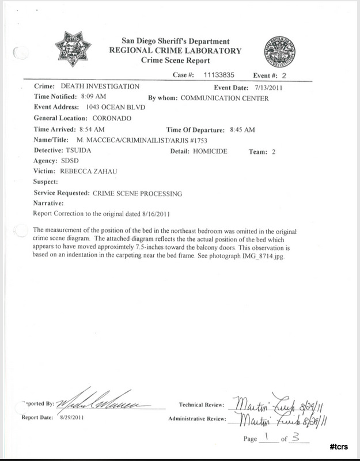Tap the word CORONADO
[112, 118]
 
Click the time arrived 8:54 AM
[91, 129]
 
